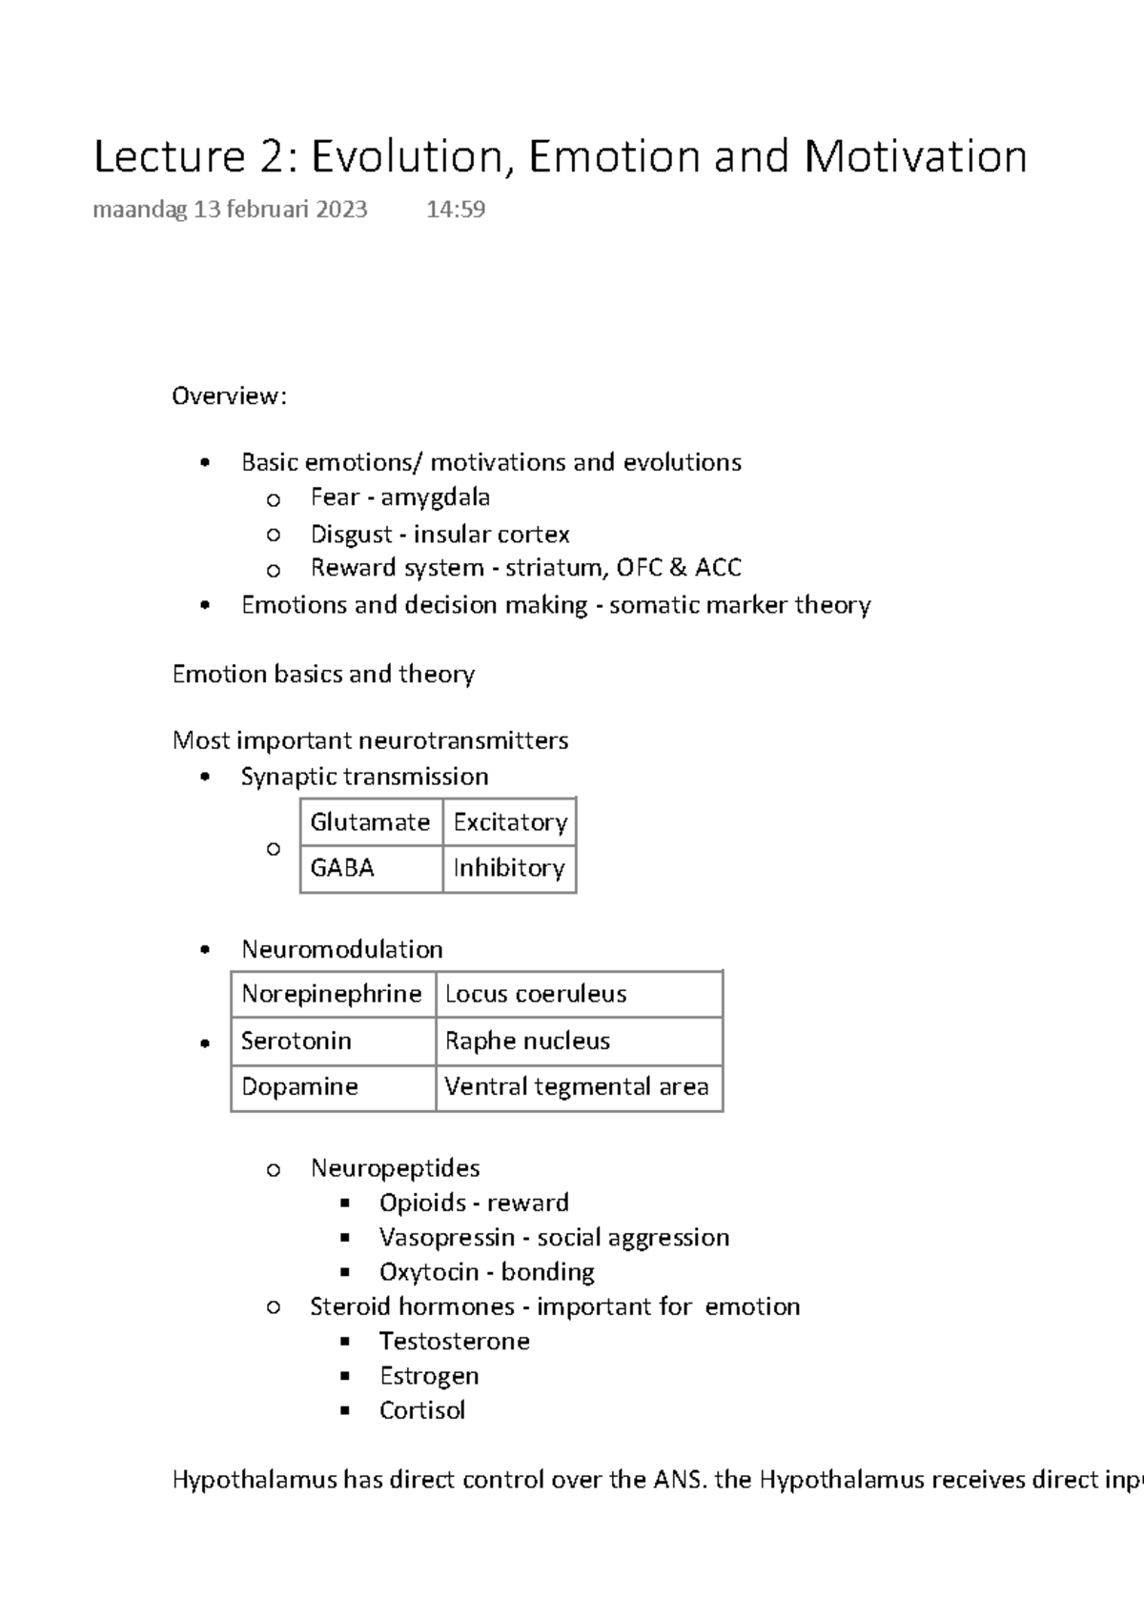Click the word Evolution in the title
click(x=405, y=157)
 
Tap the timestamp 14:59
click(x=456, y=210)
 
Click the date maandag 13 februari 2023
click(x=230, y=210)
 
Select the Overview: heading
click(x=229, y=396)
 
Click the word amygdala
click(x=436, y=497)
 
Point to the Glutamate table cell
click(x=370, y=822)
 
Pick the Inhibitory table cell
click(x=509, y=868)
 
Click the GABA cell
click(x=342, y=868)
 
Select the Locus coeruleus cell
click(x=536, y=994)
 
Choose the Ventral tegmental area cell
click(x=576, y=1087)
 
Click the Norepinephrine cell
click(x=331, y=994)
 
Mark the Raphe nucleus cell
click(x=527, y=1041)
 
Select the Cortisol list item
click(x=422, y=1410)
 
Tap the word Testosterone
click(x=454, y=1342)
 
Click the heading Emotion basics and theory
click(x=323, y=675)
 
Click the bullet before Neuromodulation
click(x=205, y=950)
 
